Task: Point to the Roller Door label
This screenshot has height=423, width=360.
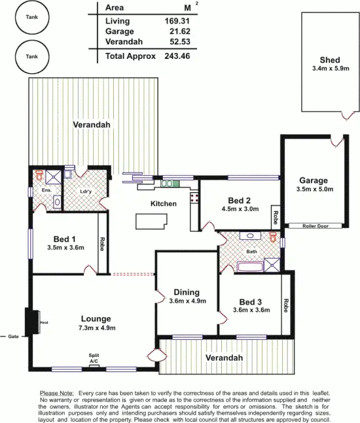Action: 315,226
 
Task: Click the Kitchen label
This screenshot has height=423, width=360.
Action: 164,203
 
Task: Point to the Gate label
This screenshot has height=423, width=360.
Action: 12,336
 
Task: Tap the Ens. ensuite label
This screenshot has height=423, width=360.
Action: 46,190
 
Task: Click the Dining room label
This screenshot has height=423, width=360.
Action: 187,292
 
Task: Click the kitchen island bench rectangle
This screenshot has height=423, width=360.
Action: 151,222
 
